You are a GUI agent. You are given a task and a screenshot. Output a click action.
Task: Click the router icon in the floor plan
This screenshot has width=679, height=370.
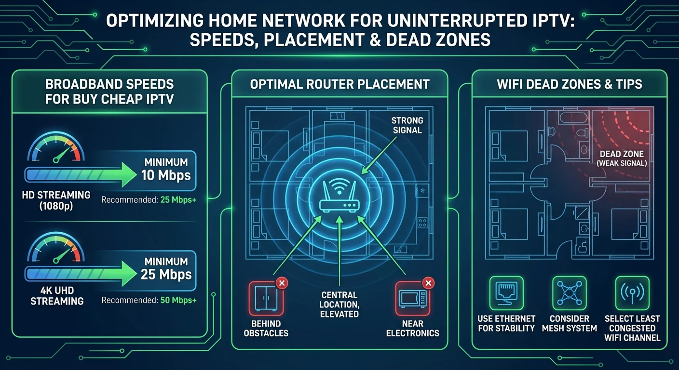pos(339,199)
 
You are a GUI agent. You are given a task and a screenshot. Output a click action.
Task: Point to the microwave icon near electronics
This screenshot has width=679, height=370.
pos(412,298)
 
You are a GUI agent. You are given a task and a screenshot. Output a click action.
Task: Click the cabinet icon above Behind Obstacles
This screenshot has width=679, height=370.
pos(266,298)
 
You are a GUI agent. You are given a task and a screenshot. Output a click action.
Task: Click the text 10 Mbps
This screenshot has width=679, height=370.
pos(166,175)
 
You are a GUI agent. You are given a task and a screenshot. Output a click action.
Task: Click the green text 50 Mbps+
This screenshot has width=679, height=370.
pos(178,300)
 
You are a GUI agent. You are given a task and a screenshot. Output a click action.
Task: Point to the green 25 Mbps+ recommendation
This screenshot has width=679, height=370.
pos(178,198)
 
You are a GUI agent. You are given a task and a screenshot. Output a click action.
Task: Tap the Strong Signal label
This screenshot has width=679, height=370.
pos(407,125)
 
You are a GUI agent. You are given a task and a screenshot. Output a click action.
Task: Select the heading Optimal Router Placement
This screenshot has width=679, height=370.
pos(339,84)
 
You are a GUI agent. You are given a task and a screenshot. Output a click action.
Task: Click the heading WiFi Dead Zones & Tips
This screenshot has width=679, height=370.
pos(569,84)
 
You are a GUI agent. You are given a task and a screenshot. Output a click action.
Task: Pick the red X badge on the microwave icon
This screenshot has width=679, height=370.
pos(428,283)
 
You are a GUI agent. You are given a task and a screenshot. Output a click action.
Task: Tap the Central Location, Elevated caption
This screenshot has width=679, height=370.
pos(339,304)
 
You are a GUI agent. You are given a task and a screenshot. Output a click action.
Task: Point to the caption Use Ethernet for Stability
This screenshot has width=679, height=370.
pos(506,323)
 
